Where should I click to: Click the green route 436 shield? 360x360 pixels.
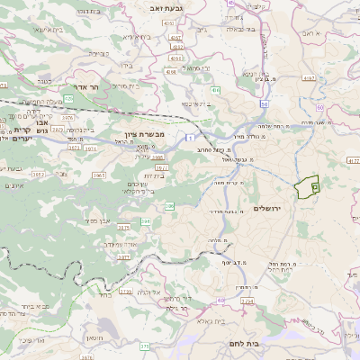click(216, 90)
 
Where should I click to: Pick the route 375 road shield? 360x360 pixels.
click(145, 346)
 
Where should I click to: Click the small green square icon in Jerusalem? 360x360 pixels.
click(314, 186)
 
